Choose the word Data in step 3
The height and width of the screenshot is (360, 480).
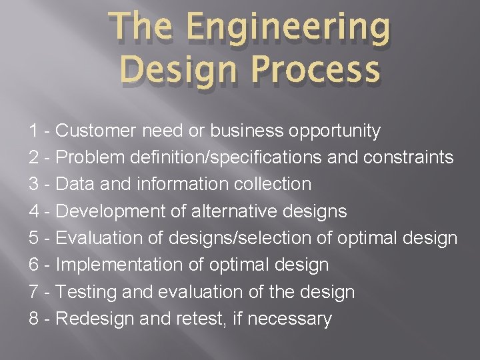74,185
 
